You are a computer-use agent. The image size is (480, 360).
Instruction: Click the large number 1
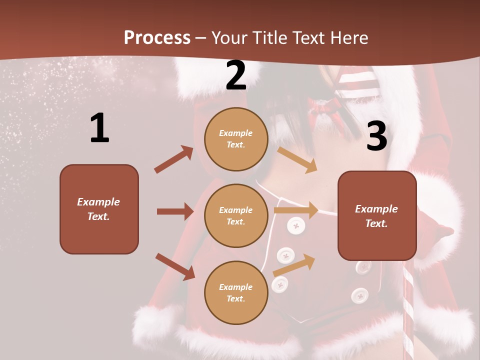tap(99, 128)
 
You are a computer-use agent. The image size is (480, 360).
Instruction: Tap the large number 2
tap(236, 76)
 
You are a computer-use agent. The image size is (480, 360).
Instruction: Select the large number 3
tap(376, 136)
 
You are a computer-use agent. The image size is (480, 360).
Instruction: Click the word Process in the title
tap(157, 37)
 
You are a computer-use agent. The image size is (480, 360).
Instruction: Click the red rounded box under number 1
tap(99, 209)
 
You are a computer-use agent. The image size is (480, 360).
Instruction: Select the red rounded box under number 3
tap(377, 216)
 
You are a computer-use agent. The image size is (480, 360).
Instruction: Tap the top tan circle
tap(236, 139)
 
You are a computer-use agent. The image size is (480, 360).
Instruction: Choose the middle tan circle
tap(236, 215)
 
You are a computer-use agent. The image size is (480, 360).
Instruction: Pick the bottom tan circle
tap(236, 292)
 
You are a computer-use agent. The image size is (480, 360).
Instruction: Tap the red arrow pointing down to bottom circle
tap(175, 266)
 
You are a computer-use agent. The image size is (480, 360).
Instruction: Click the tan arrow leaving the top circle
tap(297, 159)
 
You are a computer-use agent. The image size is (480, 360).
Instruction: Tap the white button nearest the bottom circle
tap(279, 284)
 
